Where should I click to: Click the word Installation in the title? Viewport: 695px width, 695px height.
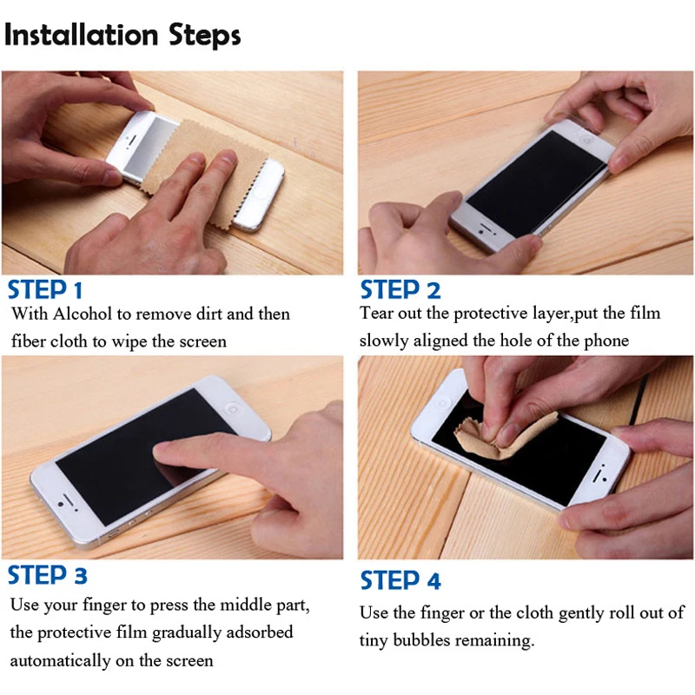[x=81, y=35]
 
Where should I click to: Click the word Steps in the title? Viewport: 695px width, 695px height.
[x=205, y=36]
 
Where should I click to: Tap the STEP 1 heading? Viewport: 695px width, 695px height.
[x=45, y=290]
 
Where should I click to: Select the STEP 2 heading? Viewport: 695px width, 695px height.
[x=400, y=290]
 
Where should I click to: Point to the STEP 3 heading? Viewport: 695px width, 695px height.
[x=47, y=575]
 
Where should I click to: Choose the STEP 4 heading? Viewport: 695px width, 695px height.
[x=400, y=580]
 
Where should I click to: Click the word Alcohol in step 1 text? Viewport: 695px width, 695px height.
[x=82, y=314]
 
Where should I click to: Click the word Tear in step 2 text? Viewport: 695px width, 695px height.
[x=376, y=313]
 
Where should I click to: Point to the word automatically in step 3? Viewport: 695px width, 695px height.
[x=60, y=661]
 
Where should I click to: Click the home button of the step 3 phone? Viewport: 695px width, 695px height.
[x=232, y=408]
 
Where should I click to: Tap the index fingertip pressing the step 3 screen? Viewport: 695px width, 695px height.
[x=165, y=451]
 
